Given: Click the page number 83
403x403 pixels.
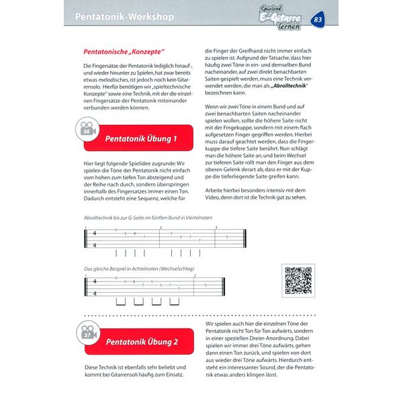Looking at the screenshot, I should tap(318, 19).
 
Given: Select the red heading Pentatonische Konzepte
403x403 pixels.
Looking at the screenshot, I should tap(124, 50).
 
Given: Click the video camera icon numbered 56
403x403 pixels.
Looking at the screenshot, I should tap(88, 130).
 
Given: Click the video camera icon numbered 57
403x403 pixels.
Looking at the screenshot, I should tap(88, 332).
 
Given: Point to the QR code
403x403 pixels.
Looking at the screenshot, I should tap(298, 281).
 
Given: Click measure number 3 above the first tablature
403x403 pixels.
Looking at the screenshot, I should tap(216, 227).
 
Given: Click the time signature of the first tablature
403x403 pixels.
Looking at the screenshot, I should tap(95, 238).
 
